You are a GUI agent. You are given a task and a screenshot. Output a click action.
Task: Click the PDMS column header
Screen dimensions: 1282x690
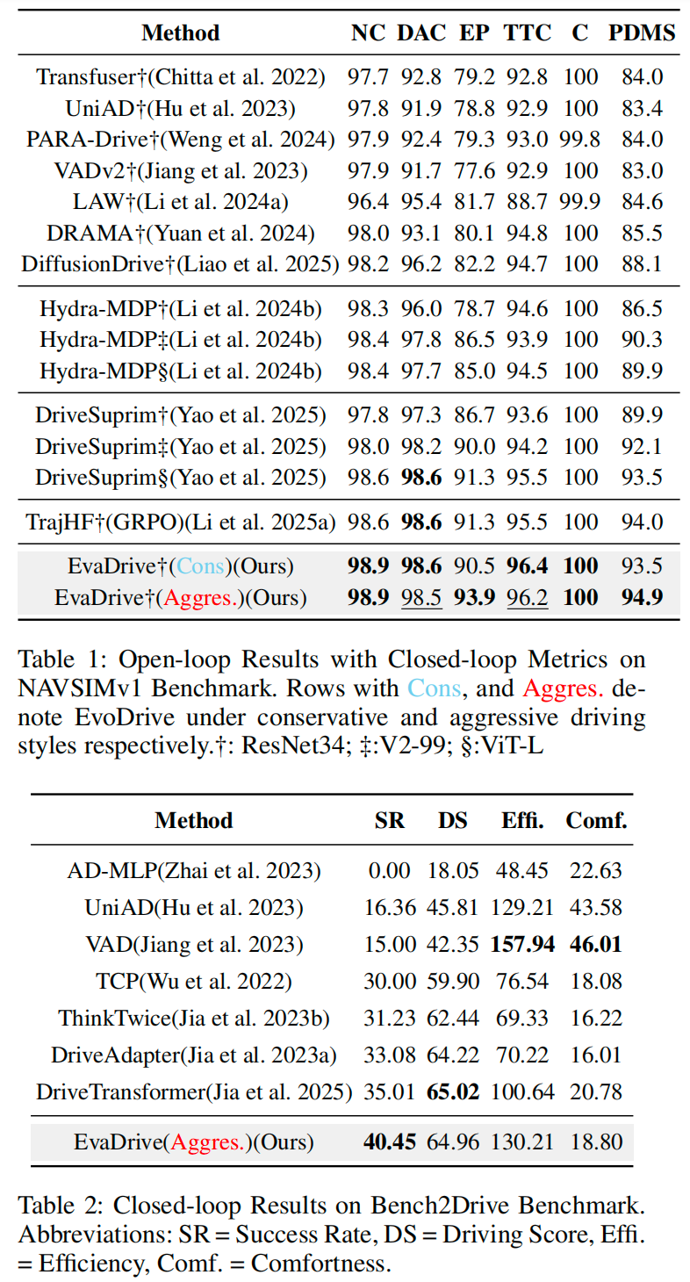pos(642,33)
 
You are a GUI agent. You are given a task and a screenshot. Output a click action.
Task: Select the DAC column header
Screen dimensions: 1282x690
pos(421,33)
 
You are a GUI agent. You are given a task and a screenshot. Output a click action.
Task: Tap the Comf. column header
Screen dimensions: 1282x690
pos(596,821)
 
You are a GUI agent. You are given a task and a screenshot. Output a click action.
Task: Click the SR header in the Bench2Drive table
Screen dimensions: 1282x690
pos(389,821)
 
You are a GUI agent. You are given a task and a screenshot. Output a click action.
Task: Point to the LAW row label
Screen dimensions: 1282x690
pos(181,202)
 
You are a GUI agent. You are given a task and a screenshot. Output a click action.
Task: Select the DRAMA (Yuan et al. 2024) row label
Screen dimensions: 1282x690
pos(181,234)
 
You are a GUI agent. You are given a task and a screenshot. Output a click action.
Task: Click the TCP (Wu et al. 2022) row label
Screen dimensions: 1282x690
pos(194,981)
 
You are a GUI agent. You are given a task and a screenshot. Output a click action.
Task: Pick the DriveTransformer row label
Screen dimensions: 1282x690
pos(194,1093)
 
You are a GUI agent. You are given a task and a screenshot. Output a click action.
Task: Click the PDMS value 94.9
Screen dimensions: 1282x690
pos(642,599)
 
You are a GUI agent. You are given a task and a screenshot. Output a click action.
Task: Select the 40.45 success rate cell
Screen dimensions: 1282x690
pos(389,1142)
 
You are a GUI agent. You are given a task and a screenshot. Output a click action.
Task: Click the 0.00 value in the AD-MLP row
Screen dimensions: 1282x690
pos(389,870)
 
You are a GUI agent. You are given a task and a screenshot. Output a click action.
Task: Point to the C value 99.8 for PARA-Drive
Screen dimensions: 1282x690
pos(580,139)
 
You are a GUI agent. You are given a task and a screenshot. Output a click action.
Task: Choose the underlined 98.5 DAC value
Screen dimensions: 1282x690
pos(421,599)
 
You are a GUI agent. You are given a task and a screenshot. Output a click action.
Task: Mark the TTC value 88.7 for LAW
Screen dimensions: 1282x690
pos(528,202)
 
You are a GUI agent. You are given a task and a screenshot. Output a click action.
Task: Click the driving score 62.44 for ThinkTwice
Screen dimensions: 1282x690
pos(453,1019)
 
